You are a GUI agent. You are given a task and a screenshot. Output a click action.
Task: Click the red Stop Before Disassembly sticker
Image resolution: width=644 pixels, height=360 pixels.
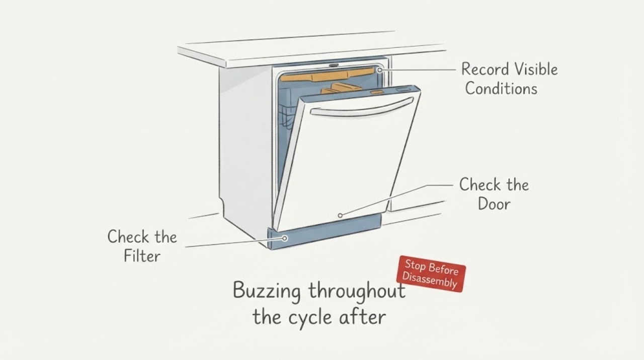[431, 274]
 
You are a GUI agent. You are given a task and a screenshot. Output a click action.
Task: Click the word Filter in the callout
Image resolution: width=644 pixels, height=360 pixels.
[142, 256]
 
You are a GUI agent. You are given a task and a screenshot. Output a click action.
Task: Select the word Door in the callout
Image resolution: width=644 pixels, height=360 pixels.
[494, 204]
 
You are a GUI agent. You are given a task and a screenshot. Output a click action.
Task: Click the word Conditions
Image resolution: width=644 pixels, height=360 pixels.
[501, 88]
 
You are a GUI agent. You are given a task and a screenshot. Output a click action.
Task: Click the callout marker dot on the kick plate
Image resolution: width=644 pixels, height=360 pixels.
[285, 238]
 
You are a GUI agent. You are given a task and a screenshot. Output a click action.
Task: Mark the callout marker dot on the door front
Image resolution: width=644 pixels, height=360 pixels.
[340, 215]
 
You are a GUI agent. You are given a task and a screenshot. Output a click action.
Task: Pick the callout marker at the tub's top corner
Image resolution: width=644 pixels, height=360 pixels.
[379, 70]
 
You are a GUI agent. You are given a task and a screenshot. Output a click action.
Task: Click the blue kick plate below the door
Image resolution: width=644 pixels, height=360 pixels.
[325, 232]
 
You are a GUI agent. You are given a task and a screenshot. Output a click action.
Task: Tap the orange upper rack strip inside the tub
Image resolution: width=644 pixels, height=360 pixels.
[328, 75]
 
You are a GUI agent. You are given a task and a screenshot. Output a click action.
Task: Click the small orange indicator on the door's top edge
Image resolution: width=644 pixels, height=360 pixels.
[377, 92]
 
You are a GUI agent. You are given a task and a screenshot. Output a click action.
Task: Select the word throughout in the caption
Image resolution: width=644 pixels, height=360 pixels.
[357, 292]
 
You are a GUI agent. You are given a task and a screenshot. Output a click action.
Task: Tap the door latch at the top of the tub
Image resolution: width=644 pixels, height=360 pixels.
[334, 65]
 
